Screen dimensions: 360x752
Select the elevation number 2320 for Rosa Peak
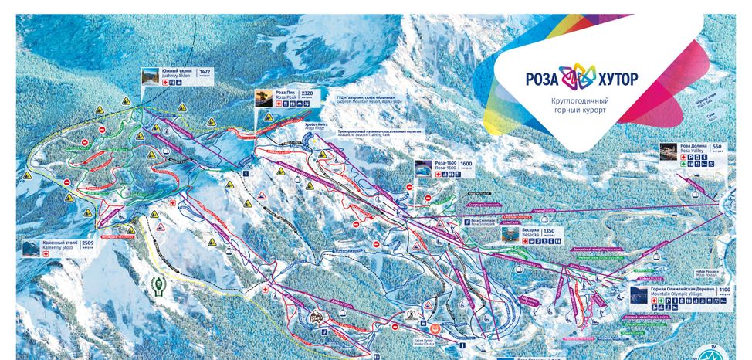click(307, 93)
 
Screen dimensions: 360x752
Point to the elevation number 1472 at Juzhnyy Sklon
click(205, 72)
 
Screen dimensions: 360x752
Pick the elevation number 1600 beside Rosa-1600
click(466, 164)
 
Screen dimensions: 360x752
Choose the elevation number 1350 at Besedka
click(549, 231)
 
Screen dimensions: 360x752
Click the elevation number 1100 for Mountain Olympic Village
click(724, 290)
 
